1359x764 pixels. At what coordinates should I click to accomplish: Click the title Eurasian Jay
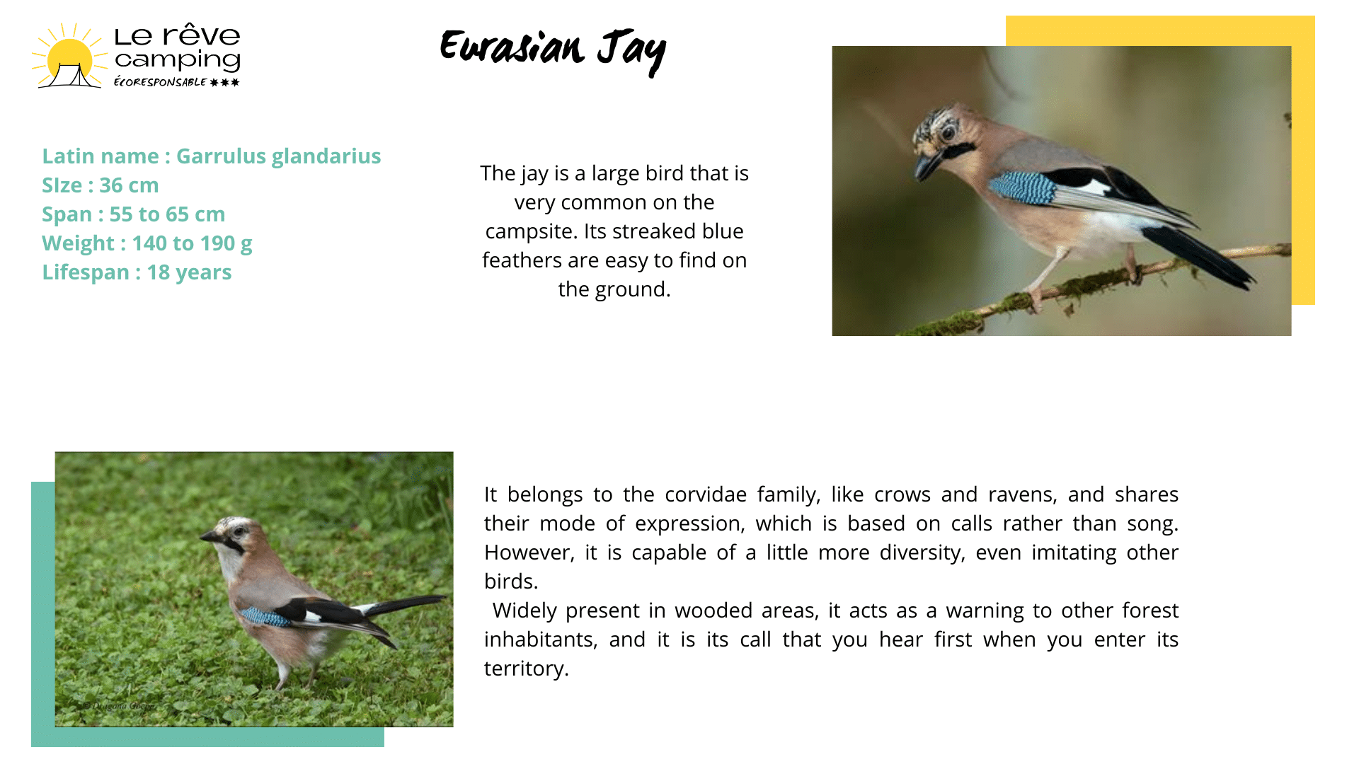(x=553, y=51)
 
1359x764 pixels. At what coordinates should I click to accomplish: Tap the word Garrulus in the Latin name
(x=216, y=156)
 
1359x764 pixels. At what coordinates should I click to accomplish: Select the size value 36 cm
(x=129, y=185)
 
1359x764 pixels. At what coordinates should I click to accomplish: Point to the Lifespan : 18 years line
(x=137, y=272)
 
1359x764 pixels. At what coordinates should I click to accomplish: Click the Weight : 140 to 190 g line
(x=147, y=243)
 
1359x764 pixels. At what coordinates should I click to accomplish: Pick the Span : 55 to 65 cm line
(x=134, y=214)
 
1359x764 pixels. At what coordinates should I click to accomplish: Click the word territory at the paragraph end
(x=526, y=668)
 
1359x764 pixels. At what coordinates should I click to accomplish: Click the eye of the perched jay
(x=948, y=132)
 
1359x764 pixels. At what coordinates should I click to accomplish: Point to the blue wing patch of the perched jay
(x=1022, y=187)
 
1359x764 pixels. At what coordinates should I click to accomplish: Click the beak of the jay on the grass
(x=210, y=537)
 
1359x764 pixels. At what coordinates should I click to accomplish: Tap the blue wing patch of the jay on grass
(x=265, y=617)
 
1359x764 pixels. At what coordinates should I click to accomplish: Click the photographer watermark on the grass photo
(x=117, y=705)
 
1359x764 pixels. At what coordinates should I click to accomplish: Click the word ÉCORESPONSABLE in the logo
(x=160, y=82)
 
